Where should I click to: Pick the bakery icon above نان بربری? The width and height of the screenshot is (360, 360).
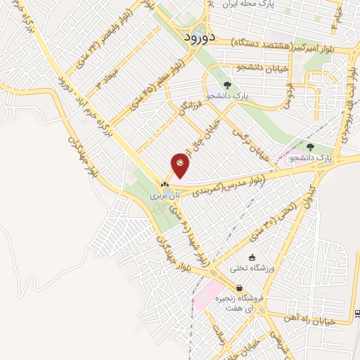point(165,184)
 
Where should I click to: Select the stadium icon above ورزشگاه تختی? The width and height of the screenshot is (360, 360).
point(252,257)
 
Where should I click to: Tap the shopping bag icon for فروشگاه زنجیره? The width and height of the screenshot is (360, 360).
point(240,288)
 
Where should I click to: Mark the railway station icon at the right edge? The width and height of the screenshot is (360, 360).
point(357,312)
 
